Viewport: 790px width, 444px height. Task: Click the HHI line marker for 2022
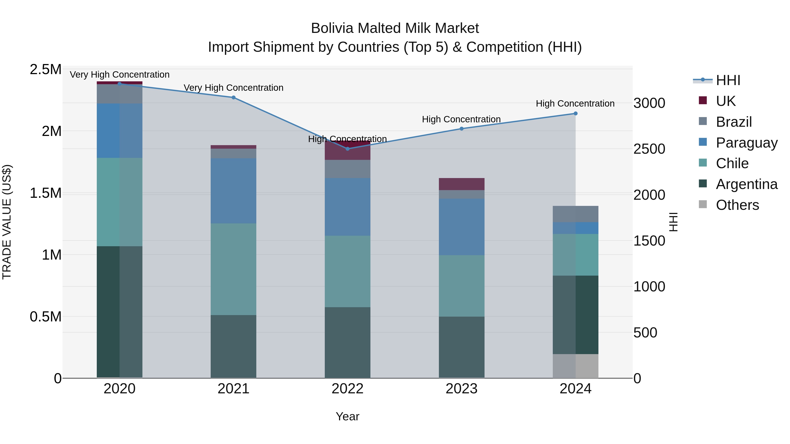[347, 149]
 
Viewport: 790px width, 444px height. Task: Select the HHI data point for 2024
[575, 114]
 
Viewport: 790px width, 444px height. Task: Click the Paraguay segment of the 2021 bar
[233, 191]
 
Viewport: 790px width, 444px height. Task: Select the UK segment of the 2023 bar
[461, 184]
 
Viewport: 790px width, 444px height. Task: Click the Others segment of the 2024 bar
[575, 366]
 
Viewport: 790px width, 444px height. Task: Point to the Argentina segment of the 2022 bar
[347, 342]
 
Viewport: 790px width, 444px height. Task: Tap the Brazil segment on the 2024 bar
[575, 214]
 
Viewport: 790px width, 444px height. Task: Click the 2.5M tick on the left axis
[45, 70]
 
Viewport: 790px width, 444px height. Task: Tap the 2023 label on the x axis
[461, 389]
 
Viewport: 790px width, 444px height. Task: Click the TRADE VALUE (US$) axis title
[7, 222]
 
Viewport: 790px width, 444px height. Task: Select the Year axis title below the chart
[347, 416]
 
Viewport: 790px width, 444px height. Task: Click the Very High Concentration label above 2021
[233, 88]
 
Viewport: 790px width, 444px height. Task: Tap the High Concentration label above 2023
[461, 119]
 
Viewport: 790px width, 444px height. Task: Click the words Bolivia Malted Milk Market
[395, 28]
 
